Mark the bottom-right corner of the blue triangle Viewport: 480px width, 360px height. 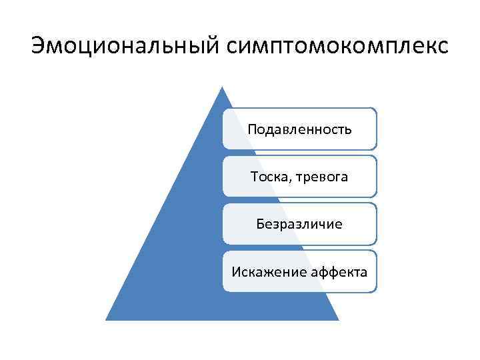[338, 320]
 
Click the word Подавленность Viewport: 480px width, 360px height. [299, 129]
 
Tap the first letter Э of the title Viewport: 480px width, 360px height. [39, 46]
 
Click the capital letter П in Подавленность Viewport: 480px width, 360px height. [251, 129]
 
